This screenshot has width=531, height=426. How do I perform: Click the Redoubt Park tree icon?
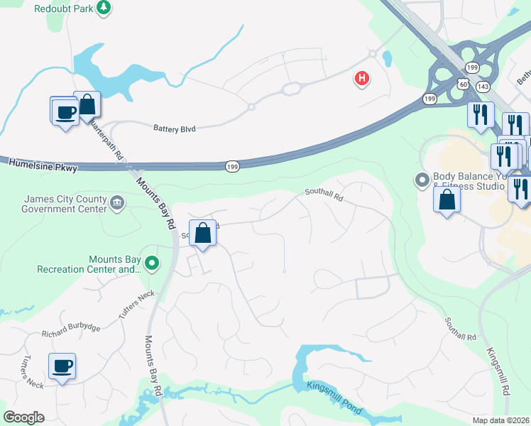pyautogui.click(x=104, y=8)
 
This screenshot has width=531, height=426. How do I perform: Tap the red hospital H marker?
pyautogui.click(x=362, y=78)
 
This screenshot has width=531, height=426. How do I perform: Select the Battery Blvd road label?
pyautogui.click(x=174, y=129)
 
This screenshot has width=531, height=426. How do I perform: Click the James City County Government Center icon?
pyautogui.click(x=117, y=204)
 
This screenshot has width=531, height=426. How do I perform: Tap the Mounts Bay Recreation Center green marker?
pyautogui.click(x=152, y=264)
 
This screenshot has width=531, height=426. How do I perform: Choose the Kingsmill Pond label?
pyautogui.click(x=334, y=398)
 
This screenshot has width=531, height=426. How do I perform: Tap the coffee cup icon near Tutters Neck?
pyautogui.click(x=62, y=367)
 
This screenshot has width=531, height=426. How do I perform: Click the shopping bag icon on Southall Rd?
pyautogui.click(x=202, y=233)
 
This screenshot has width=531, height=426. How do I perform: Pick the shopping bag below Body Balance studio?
pyautogui.click(x=447, y=200)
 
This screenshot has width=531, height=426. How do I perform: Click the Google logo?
pyautogui.click(x=23, y=417)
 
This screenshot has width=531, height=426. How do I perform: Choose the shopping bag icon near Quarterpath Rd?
pyautogui.click(x=87, y=106)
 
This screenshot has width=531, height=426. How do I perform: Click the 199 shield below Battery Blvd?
pyautogui.click(x=232, y=166)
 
